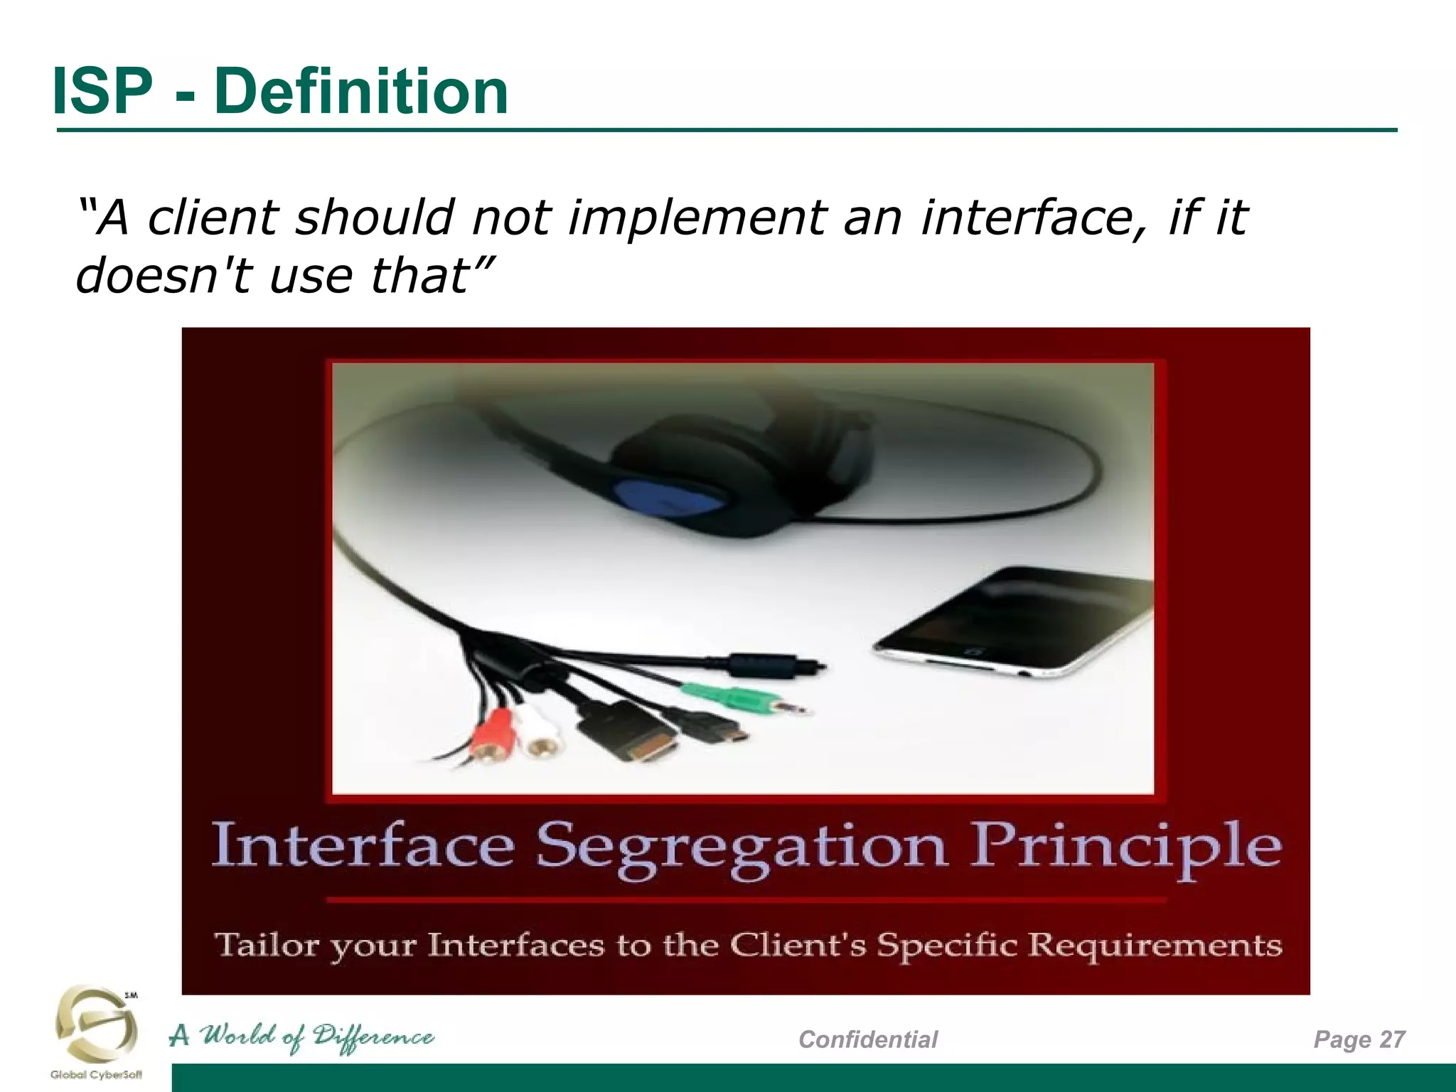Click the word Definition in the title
click(x=361, y=91)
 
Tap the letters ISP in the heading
click(x=102, y=91)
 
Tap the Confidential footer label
click(x=867, y=1039)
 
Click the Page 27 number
click(x=1359, y=1039)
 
